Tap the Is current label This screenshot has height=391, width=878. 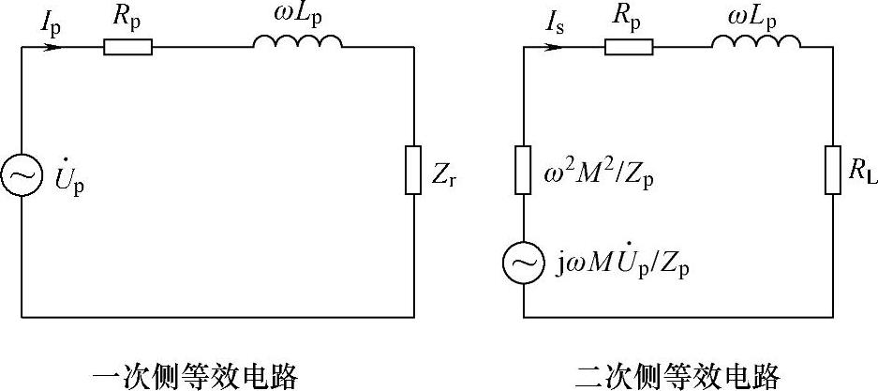553,19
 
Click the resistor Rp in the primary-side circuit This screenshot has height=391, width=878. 127,47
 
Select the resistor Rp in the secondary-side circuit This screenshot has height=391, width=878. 629,47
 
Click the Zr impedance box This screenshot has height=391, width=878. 413,170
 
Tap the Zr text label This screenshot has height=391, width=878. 448,174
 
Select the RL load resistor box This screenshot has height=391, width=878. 833,170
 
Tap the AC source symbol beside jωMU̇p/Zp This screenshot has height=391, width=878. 523,264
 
